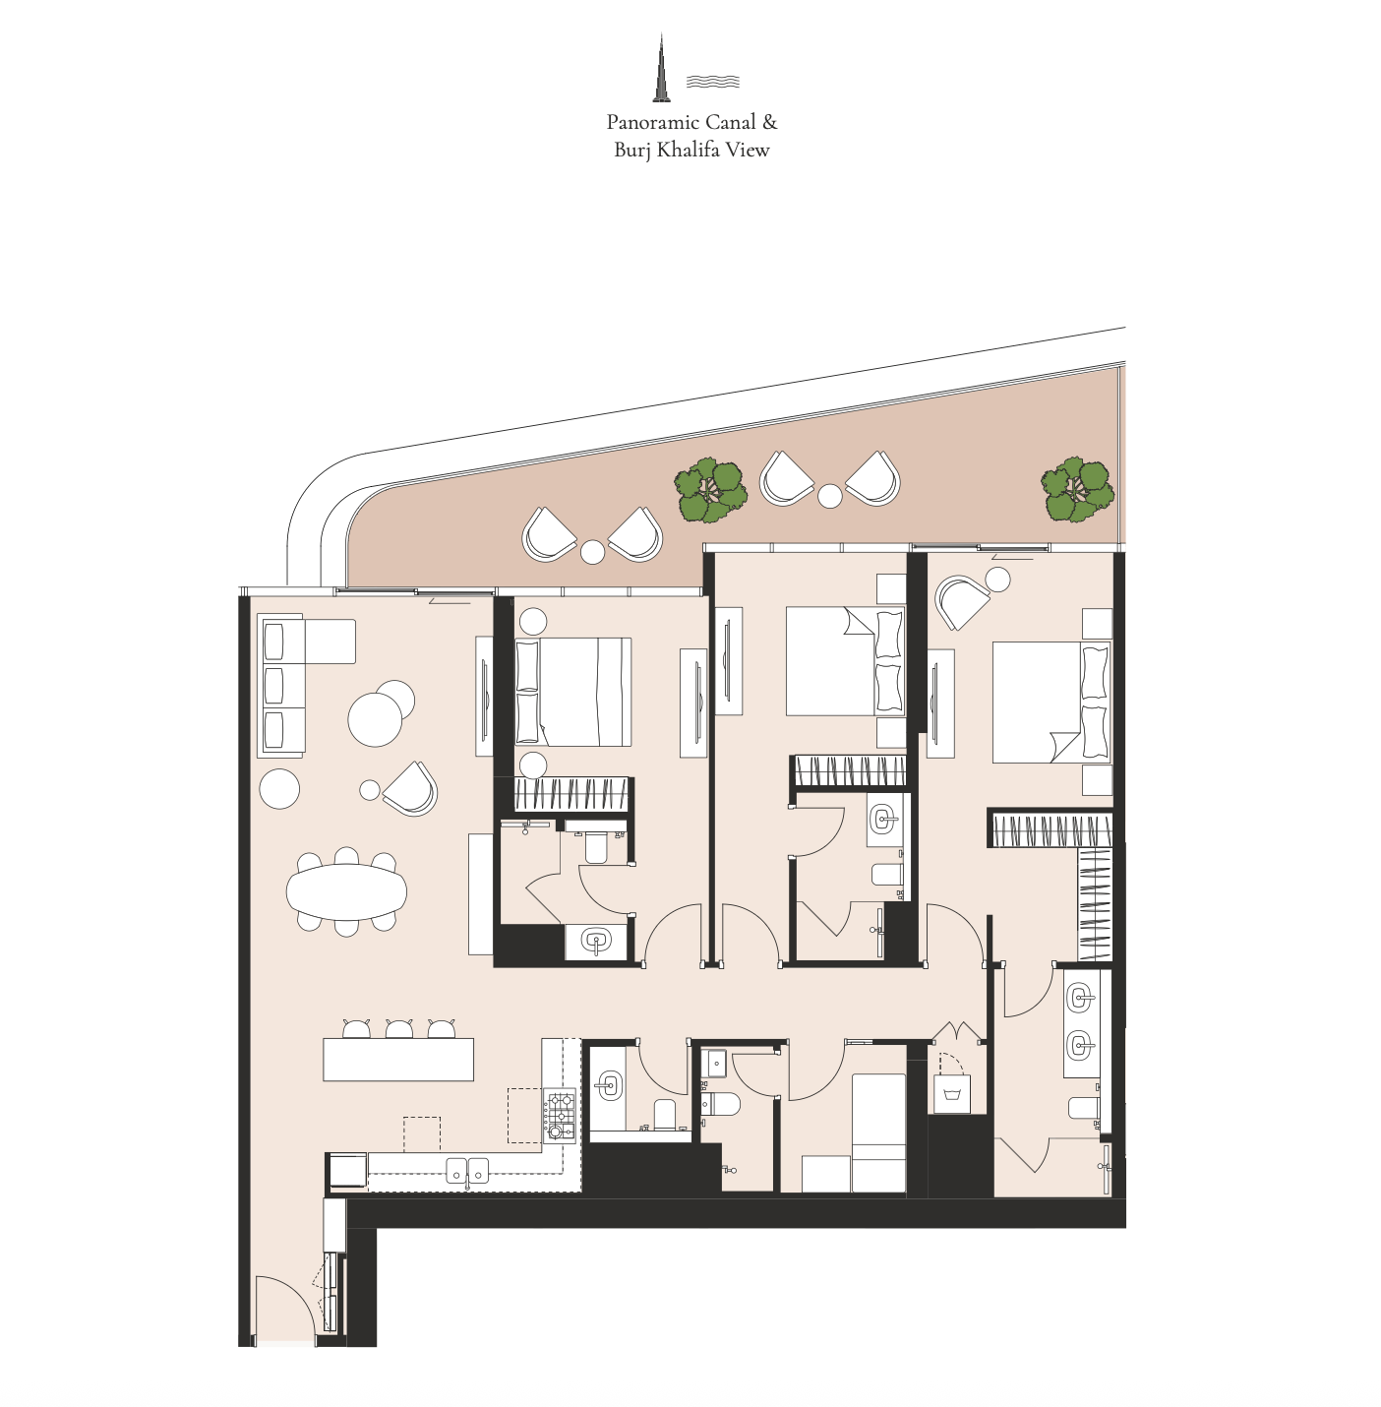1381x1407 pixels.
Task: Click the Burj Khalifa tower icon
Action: [x=661, y=68]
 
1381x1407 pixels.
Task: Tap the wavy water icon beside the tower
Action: [x=712, y=82]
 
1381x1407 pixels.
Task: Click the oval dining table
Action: [x=346, y=892]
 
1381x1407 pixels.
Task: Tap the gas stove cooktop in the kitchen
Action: [x=559, y=1116]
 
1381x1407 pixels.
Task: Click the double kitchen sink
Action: [x=467, y=1171]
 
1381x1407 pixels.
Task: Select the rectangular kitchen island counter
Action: [x=398, y=1059]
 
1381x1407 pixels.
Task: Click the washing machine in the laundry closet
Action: [x=952, y=1093]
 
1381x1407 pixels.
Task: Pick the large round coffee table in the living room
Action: [x=375, y=719]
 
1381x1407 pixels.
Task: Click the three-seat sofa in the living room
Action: [x=281, y=686]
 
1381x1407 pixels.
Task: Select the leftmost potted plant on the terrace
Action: [x=710, y=490]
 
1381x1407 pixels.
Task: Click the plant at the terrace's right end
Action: [x=1077, y=490]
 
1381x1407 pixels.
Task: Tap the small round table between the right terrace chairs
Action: [x=829, y=497]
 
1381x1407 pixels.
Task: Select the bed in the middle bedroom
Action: [x=845, y=661]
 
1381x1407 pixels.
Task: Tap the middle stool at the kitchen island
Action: [x=398, y=1029]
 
